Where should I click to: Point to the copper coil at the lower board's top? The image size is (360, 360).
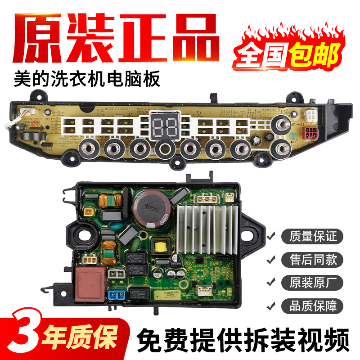(109, 200)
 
